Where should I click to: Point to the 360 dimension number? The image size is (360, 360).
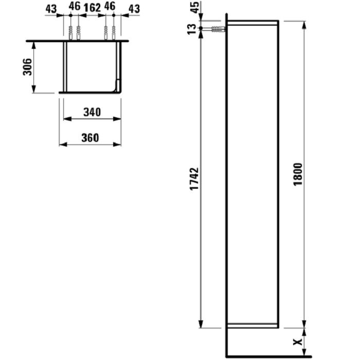click(90, 137)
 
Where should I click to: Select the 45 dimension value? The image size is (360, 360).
click(194, 9)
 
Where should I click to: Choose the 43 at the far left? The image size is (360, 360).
click(50, 8)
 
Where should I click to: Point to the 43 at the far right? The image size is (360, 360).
click(134, 8)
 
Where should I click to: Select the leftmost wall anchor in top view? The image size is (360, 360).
click(70, 33)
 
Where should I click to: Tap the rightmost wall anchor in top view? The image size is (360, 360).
click(114, 33)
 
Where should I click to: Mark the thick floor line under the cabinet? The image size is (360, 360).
click(267, 356)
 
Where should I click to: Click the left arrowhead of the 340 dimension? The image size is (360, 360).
click(65, 119)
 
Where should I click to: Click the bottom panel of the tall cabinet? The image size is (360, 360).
click(253, 325)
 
